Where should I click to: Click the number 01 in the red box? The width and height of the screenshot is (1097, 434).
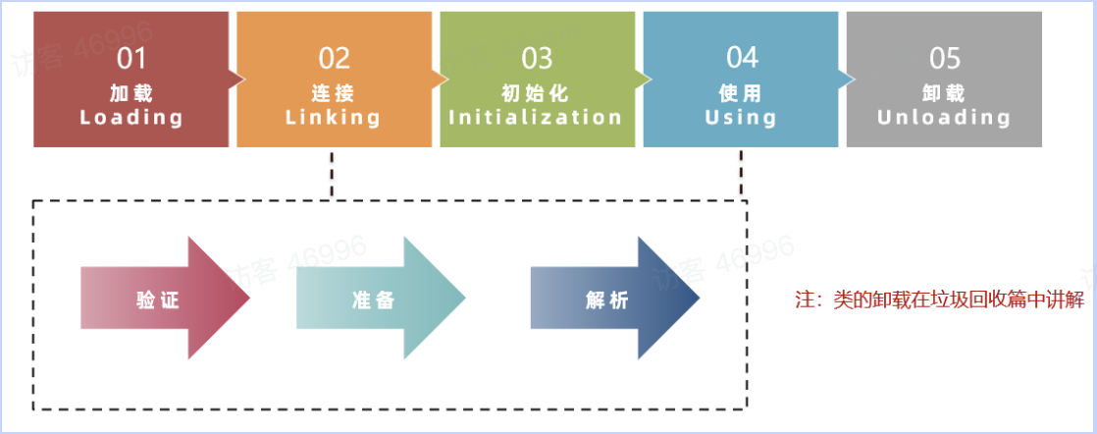131,59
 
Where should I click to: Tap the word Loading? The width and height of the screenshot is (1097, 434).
131,118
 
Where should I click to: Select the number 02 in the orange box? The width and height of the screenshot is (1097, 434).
334,59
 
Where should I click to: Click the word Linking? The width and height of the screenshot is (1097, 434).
334,118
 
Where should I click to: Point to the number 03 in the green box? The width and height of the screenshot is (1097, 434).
537,59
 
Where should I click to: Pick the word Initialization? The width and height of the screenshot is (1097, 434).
536,118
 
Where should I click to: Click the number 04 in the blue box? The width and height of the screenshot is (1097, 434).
741,58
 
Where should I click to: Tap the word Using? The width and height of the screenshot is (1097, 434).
741,118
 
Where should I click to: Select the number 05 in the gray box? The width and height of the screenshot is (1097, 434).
944,59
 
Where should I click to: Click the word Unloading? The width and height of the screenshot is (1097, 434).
944,118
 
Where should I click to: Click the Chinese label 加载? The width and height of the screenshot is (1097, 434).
131,94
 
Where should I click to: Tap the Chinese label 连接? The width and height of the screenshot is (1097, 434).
334,94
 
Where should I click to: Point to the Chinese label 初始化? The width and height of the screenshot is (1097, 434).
536,94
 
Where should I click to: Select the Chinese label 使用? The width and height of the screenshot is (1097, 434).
741,94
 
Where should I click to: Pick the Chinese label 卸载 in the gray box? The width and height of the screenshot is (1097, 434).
944,94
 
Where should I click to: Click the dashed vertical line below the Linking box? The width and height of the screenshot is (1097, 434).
334,174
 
